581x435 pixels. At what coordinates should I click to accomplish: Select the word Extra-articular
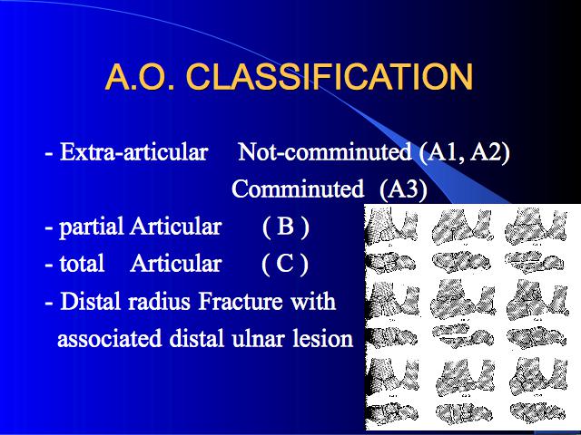(x=133, y=151)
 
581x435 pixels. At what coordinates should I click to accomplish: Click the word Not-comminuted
(x=324, y=151)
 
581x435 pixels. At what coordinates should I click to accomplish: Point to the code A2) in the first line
(x=490, y=151)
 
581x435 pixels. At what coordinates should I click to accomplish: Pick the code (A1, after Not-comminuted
(x=441, y=151)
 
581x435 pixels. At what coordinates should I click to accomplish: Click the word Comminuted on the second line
(x=298, y=188)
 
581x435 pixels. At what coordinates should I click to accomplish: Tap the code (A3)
(x=403, y=189)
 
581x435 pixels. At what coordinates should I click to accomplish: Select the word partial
(x=91, y=227)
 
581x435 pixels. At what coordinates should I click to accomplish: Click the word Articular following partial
(x=175, y=226)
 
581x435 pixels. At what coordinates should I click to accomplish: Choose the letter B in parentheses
(x=285, y=226)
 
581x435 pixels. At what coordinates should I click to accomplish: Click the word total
(x=82, y=264)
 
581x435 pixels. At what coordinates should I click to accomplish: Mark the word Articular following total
(x=175, y=264)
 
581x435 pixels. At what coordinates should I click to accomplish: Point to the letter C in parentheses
(x=284, y=264)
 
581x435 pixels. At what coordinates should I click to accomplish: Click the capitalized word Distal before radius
(x=91, y=301)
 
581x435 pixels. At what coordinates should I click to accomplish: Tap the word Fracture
(x=241, y=301)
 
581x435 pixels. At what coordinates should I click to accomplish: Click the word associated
(x=110, y=338)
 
